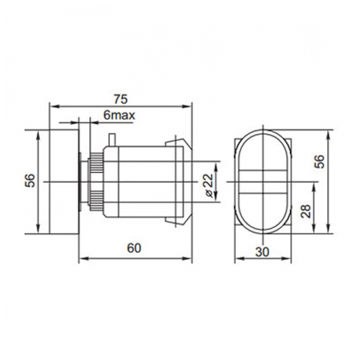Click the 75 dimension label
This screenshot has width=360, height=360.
(x=121, y=99)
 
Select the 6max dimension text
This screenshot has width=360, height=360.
(x=119, y=115)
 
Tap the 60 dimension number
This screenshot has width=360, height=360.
(x=135, y=248)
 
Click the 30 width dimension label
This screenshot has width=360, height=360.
(x=262, y=252)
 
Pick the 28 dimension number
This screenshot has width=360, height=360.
(x=306, y=211)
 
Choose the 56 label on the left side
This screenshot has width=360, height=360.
(x=30, y=181)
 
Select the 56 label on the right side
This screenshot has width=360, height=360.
(x=320, y=162)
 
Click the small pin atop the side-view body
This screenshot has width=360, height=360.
(x=112, y=140)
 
